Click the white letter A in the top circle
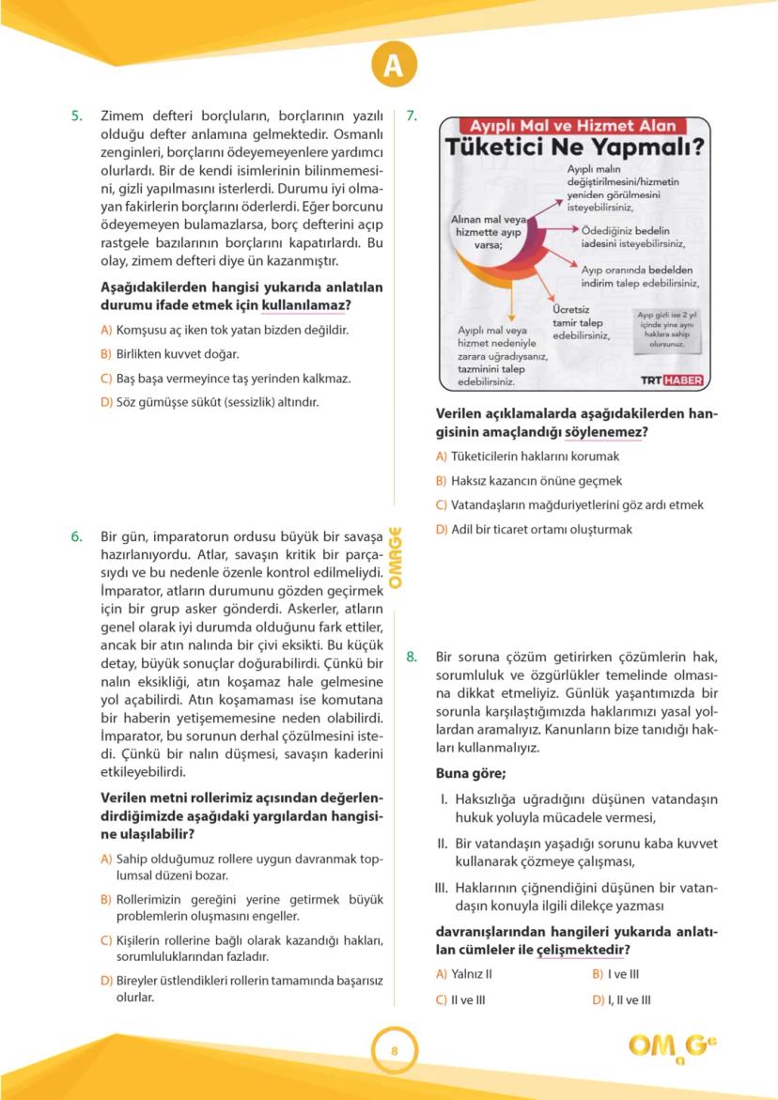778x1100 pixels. coord(392,66)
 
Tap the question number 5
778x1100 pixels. coord(77,116)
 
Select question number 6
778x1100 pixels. coord(77,537)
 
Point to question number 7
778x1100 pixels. coord(412,116)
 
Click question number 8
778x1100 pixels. coord(412,657)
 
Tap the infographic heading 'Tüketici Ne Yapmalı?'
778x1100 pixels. coord(574,147)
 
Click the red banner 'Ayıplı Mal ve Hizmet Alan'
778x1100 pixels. coord(573,125)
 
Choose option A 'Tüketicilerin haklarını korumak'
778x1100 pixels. coord(527,456)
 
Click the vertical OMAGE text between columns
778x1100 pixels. coord(396,557)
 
